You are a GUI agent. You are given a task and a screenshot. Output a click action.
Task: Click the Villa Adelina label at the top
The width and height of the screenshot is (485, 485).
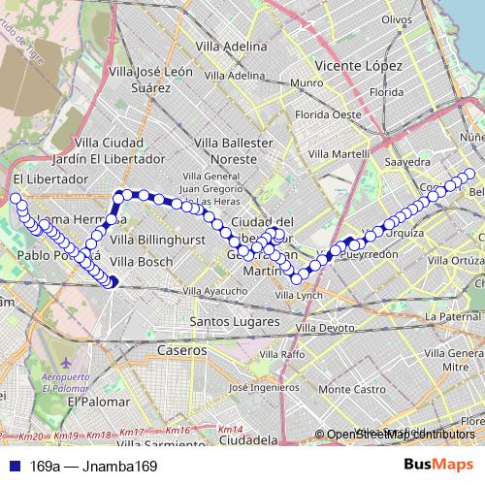[x=231, y=46]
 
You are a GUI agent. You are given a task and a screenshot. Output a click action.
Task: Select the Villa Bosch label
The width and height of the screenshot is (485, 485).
[x=141, y=262]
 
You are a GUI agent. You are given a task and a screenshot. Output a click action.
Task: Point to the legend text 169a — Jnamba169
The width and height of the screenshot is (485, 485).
[x=93, y=467]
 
